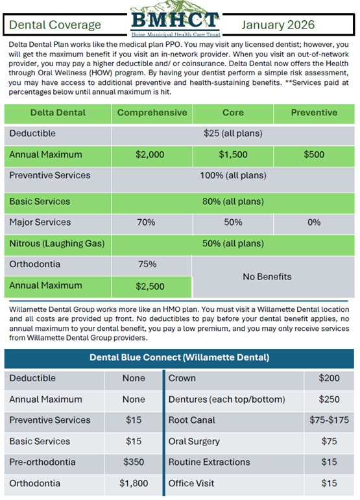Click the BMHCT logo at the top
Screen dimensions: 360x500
click(x=175, y=19)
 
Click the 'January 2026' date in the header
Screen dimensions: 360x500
click(x=278, y=25)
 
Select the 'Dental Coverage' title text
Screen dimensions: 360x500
click(x=55, y=25)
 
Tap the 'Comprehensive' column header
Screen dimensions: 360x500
click(x=152, y=113)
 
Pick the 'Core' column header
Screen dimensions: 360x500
click(x=233, y=113)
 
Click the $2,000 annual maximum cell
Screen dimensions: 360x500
click(x=150, y=154)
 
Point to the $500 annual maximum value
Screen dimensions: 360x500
click(x=314, y=154)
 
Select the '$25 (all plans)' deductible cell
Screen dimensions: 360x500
click(x=233, y=134)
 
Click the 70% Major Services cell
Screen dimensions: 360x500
click(x=146, y=222)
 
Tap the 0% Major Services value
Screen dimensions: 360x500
click(x=314, y=222)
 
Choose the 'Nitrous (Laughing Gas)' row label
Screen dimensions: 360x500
click(x=57, y=244)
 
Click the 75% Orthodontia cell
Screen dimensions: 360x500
click(x=147, y=265)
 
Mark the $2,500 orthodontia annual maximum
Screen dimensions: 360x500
click(x=150, y=287)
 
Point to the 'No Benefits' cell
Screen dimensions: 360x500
click(x=267, y=277)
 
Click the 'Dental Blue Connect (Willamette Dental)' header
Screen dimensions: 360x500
click(x=179, y=357)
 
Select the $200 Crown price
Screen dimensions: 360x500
click(x=329, y=378)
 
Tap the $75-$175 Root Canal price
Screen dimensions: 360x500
click(x=329, y=420)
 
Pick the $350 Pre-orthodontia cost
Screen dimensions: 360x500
click(x=134, y=462)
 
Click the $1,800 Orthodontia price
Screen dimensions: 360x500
click(x=134, y=483)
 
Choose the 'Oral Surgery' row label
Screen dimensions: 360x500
click(x=194, y=442)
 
